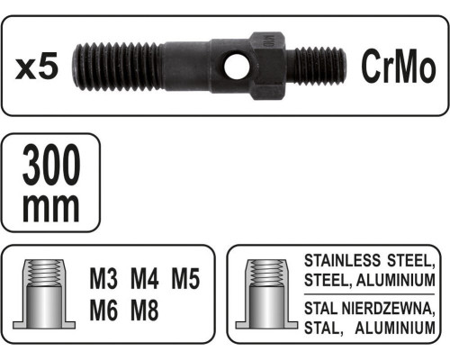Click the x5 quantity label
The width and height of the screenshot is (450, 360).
(x=37, y=67)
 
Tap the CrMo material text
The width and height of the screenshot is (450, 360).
(x=399, y=66)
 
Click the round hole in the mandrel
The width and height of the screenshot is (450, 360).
(x=237, y=67)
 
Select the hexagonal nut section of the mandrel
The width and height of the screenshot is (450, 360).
(x=267, y=66)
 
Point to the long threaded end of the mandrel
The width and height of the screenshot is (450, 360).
(x=118, y=67)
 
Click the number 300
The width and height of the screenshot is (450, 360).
(x=51, y=165)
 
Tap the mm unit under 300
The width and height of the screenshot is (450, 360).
(x=51, y=208)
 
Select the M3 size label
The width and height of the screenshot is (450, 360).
(x=103, y=279)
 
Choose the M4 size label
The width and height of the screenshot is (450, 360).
(x=145, y=279)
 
